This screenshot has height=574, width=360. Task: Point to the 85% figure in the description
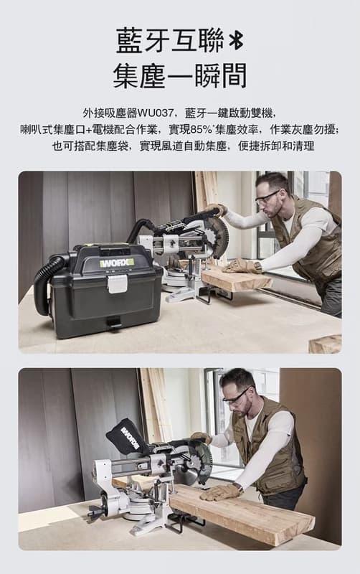pyautogui.click(x=201, y=130)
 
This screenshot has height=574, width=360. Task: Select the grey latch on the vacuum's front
pyautogui.click(x=118, y=283)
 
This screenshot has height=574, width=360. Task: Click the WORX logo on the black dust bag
pyautogui.click(x=130, y=438)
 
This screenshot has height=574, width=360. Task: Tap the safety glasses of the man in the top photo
pyautogui.click(x=266, y=197)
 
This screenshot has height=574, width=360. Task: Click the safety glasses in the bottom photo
pyautogui.click(x=235, y=396)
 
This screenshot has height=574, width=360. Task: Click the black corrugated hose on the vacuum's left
pyautogui.click(x=46, y=282)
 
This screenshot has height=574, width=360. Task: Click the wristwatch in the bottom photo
pyautogui.click(x=240, y=488)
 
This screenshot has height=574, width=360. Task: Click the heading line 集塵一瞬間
pyautogui.click(x=179, y=76)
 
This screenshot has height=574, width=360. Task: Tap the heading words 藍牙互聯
pyautogui.click(x=170, y=41)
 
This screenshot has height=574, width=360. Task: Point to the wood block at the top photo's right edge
pyautogui.click(x=326, y=344)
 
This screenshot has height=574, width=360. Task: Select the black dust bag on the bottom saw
pyautogui.click(x=126, y=437)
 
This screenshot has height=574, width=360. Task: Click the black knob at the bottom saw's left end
pyautogui.click(x=95, y=510)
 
